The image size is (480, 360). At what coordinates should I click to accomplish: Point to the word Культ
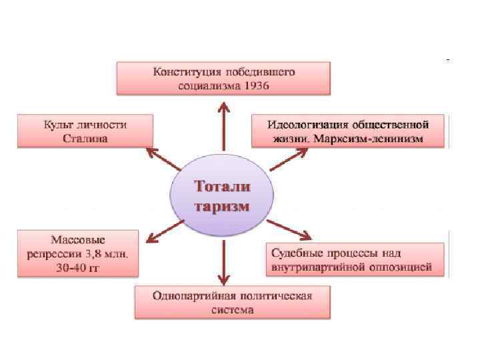pyautogui.click(x=59, y=125)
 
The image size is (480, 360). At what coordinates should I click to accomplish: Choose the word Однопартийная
pyautogui.click(x=191, y=295)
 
